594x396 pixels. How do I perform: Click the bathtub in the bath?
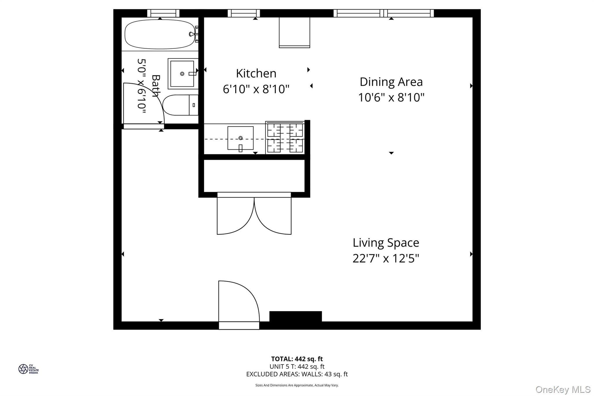pos(160,34)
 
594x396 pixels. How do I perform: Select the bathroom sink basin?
pos(182,74)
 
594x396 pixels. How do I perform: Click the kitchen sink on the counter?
pos(240,138)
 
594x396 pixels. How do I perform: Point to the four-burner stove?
pos(285,138)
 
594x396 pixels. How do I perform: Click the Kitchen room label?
pos(256,73)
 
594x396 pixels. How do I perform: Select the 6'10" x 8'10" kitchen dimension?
pos(256,89)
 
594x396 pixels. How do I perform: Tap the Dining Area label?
pos(391,82)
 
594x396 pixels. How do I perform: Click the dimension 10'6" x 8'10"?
pos(391,97)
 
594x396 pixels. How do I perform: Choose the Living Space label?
pos(386,243)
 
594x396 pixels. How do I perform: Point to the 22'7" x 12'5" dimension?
pos(386,258)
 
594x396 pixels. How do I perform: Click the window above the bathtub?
pos(163,13)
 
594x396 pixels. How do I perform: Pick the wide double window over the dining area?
pos(383,13)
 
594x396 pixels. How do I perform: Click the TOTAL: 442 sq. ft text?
pos(297,359)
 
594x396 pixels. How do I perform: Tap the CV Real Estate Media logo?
pos(28,369)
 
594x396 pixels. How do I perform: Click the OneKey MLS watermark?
pos(563,389)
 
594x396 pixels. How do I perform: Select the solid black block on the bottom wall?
pos(296,316)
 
